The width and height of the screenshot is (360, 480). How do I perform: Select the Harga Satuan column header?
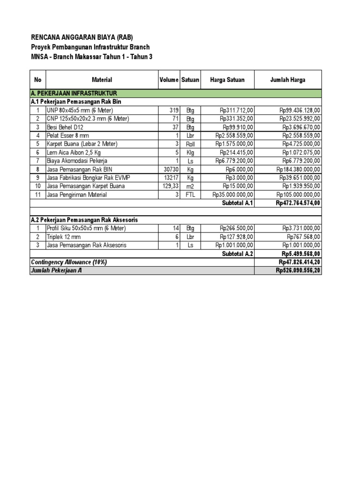[x=227, y=80]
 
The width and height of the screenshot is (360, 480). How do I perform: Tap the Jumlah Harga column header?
[x=288, y=80]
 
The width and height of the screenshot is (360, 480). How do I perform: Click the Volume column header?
[x=169, y=80]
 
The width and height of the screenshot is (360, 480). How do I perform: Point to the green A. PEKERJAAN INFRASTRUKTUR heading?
[x=74, y=94]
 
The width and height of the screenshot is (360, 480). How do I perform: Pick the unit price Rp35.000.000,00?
[x=233, y=195]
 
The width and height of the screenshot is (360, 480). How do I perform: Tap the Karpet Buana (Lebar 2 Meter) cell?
[x=82, y=144]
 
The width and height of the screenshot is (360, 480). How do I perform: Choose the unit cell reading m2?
[x=190, y=186]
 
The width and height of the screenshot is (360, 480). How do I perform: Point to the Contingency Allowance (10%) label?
[x=68, y=262]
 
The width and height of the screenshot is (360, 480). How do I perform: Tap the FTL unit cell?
[x=190, y=195]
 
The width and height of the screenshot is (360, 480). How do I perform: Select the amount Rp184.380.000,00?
[x=298, y=169]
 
